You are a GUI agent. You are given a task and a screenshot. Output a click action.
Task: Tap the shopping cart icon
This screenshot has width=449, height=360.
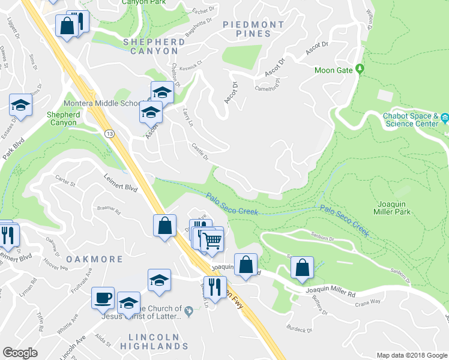(212, 241)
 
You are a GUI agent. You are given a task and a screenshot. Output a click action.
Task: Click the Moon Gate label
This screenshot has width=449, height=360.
(334, 70)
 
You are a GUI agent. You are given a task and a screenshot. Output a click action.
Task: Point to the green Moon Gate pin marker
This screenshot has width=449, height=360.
(360, 70)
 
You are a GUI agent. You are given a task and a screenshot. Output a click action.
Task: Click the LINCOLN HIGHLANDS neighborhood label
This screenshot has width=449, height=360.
(154, 341)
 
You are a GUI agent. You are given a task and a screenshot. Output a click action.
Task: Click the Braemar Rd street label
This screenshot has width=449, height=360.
(109, 210)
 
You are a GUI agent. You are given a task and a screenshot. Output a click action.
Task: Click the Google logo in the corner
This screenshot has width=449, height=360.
(20, 353)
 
